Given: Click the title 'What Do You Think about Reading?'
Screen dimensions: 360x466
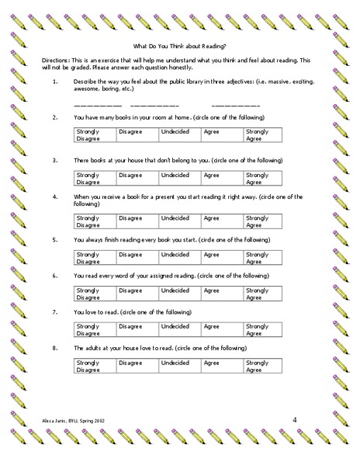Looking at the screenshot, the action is coord(180,46).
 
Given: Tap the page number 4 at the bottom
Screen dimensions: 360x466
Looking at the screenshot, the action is coord(295,420).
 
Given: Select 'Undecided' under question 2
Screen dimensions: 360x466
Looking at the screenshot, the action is coord(175,132).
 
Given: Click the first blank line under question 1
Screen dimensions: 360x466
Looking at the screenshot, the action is coord(97,104).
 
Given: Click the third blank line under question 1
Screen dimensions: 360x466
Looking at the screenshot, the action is coord(230,104).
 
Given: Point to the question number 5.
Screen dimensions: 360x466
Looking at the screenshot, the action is coord(54,241).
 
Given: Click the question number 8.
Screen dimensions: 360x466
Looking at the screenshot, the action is coord(54,349).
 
